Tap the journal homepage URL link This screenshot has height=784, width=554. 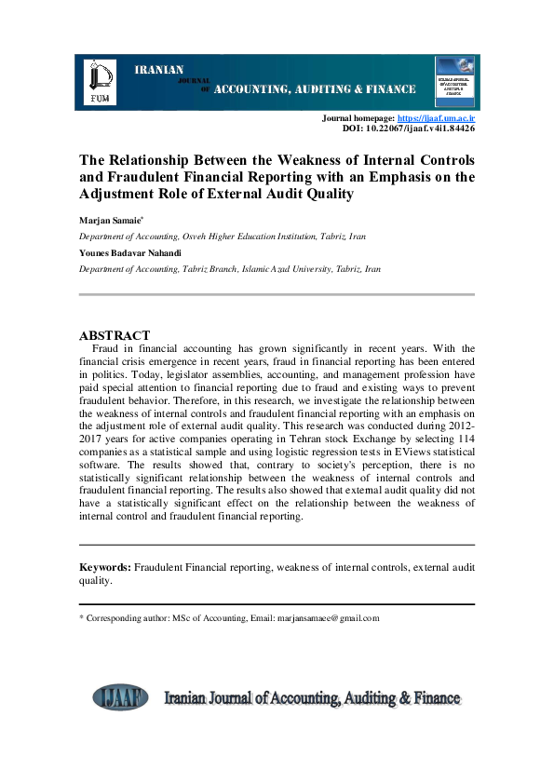coord(436,119)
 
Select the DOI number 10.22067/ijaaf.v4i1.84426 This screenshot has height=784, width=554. coord(422,129)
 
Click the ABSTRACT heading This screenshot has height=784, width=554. coord(115,334)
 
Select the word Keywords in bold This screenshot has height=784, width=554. coord(104,566)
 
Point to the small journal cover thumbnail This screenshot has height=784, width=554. coord(454,80)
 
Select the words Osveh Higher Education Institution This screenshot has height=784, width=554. coord(254,237)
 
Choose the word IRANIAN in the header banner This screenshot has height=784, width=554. coord(160,70)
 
